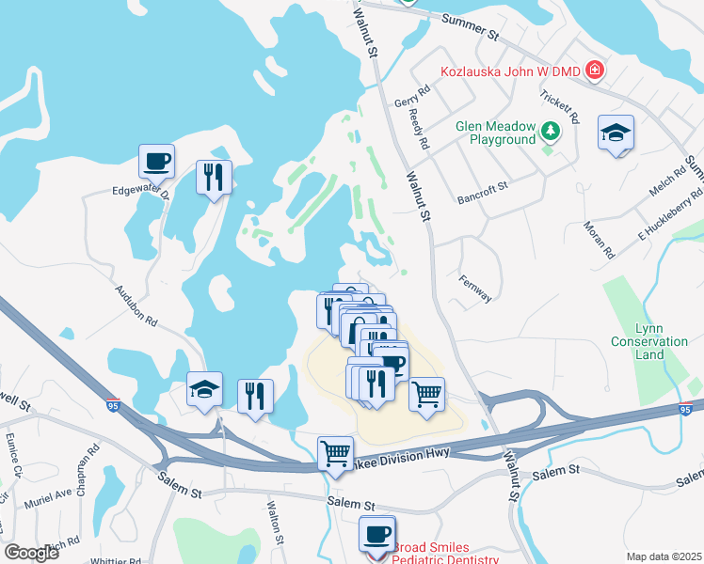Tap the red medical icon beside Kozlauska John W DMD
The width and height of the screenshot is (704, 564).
click(594, 70)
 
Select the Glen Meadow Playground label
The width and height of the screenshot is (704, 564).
click(495, 133)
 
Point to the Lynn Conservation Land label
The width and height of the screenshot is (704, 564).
click(649, 341)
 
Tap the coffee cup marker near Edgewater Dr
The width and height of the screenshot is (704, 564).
click(156, 161)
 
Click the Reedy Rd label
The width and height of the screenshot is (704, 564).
click(419, 130)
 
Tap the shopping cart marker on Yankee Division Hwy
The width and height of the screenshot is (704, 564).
click(335, 454)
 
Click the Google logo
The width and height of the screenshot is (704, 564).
click(30, 553)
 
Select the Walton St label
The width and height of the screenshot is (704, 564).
click(274, 524)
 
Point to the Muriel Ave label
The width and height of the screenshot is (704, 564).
click(50, 493)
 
